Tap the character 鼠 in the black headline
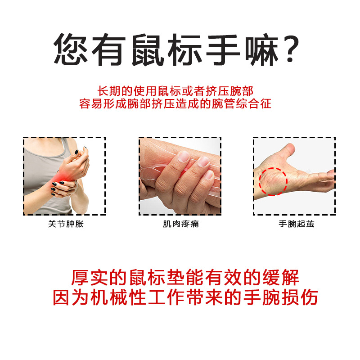(148, 49)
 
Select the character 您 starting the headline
(71, 49)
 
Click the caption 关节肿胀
(66, 224)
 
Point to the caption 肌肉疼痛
(181, 224)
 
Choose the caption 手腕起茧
(297, 224)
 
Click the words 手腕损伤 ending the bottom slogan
(281, 297)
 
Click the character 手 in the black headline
(223, 49)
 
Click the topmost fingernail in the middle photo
(184, 157)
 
